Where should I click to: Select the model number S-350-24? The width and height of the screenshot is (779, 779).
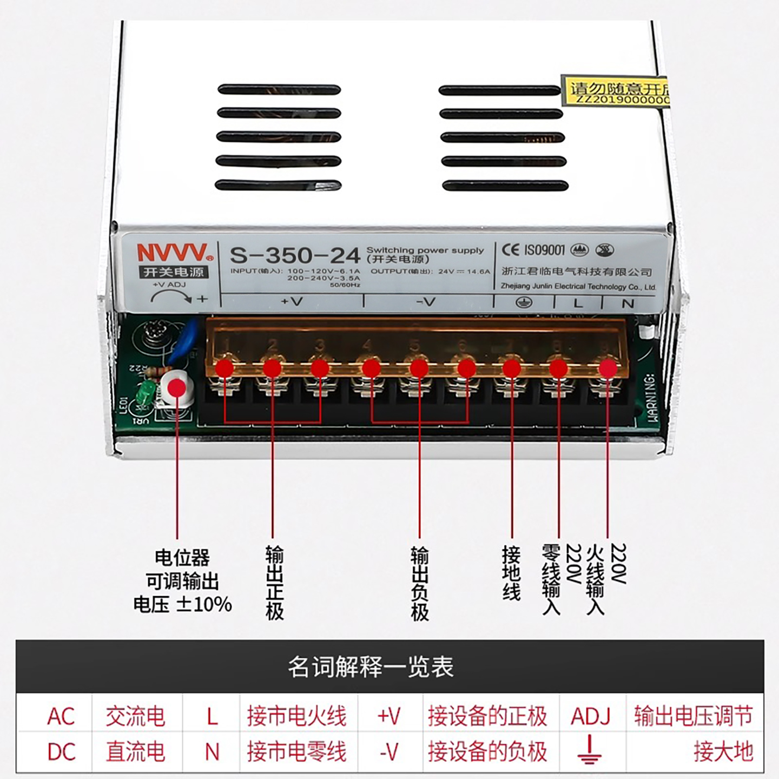(295, 255)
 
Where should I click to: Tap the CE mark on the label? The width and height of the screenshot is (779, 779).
(510, 250)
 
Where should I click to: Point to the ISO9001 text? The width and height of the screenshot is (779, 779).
(544, 250)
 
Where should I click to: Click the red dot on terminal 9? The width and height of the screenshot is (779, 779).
(608, 368)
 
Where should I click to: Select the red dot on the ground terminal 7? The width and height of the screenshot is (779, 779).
(512, 368)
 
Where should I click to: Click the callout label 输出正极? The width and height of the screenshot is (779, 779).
(274, 583)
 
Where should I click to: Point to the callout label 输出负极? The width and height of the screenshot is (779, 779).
(419, 583)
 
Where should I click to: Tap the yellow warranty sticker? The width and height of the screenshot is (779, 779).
(616, 91)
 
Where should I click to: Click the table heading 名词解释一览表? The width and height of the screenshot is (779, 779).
(371, 667)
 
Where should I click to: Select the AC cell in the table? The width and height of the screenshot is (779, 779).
(61, 716)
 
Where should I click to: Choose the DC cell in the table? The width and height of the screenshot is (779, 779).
(61, 752)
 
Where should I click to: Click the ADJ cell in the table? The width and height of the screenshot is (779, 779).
(590, 716)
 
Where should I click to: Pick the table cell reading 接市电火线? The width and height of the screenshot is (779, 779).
(296, 716)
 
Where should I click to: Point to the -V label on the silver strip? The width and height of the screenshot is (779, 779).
(426, 302)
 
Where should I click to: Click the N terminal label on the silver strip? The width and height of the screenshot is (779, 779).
(628, 303)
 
